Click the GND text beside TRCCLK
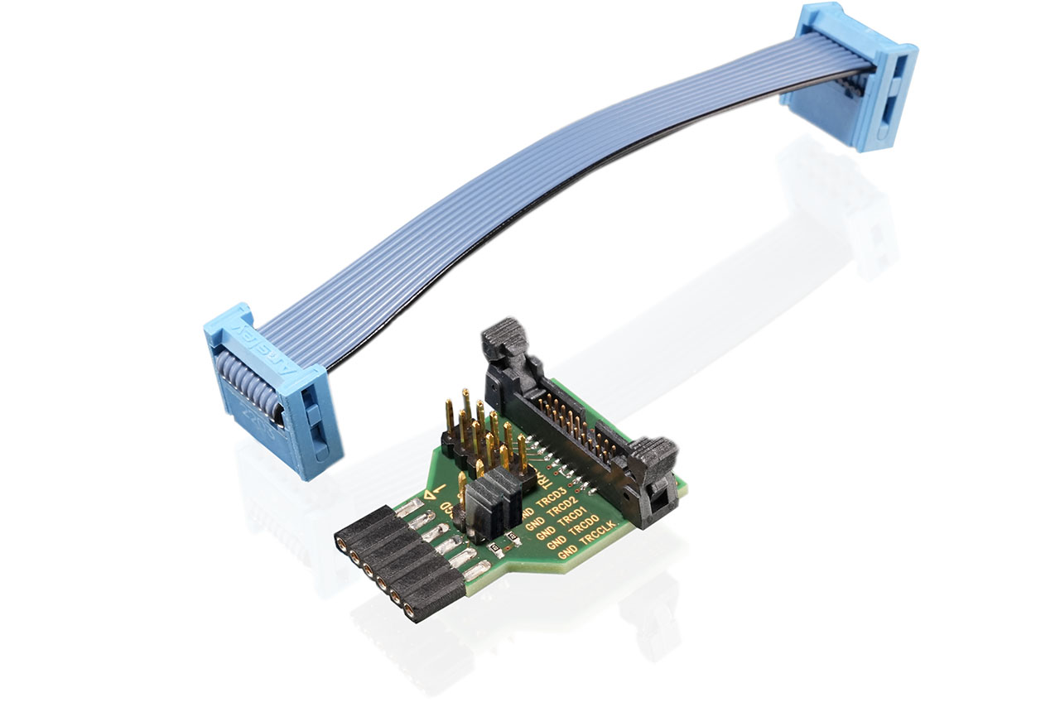[x=567, y=551]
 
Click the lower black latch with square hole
[x=654, y=464]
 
